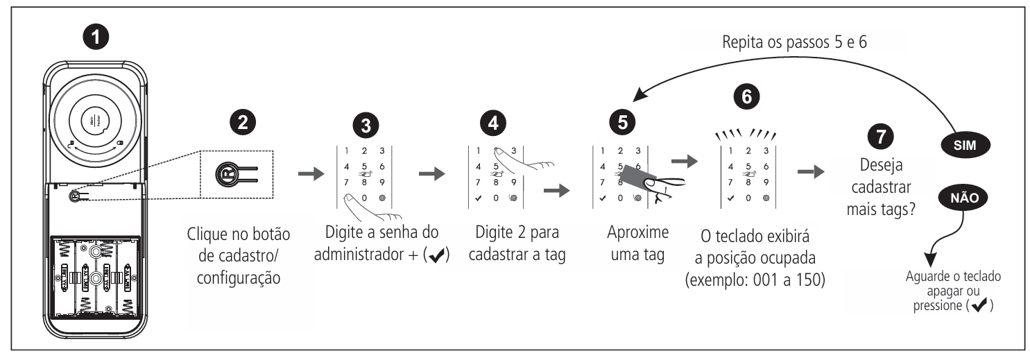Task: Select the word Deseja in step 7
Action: (x=882, y=169)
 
